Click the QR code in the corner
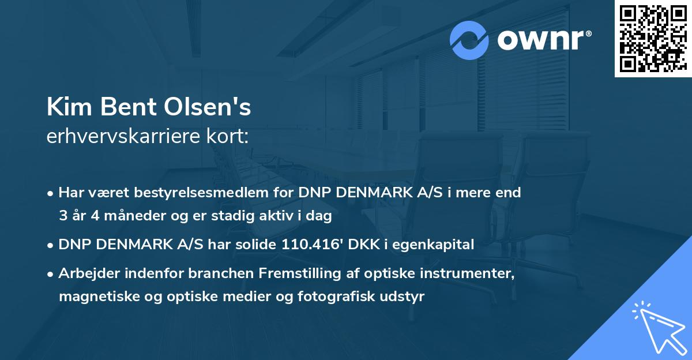pyautogui.click(x=652, y=39)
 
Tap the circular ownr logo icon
pyautogui.click(x=469, y=40)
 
